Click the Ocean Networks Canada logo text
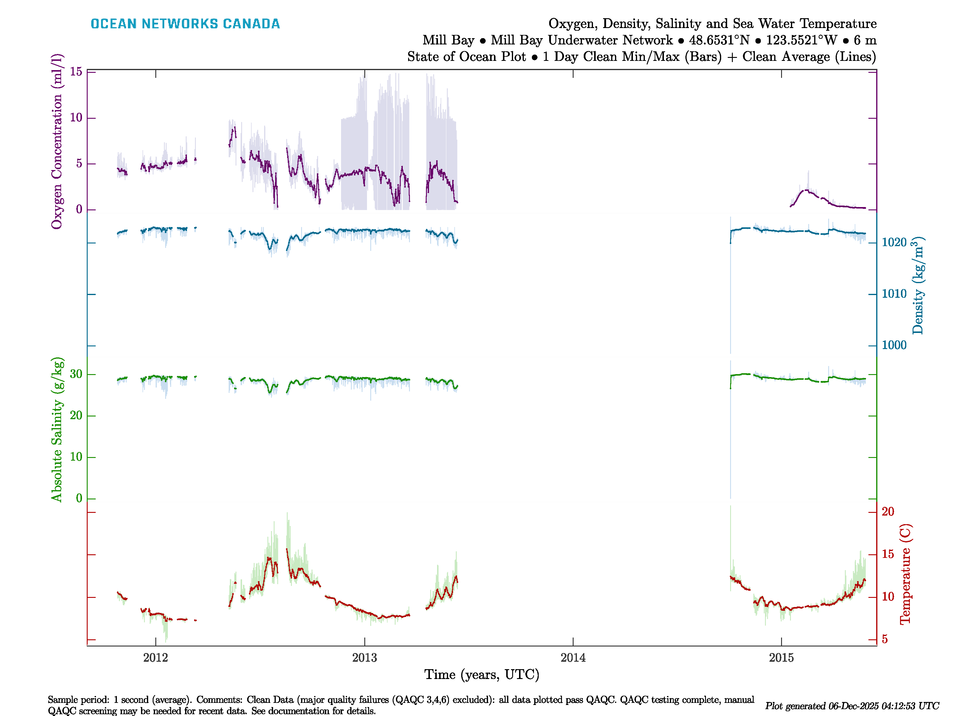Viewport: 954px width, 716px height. click(185, 24)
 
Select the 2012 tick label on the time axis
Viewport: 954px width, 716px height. click(156, 658)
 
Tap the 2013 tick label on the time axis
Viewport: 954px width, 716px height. click(364, 658)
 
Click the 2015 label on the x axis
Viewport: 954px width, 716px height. click(781, 658)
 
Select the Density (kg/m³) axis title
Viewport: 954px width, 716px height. click(918, 286)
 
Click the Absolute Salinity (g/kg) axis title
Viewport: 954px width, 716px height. click(57, 429)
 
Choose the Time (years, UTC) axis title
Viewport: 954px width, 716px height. click(482, 675)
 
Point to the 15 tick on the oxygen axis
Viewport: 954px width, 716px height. click(76, 72)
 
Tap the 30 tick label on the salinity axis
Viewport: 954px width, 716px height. click(76, 374)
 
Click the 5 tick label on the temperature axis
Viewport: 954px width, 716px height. click(885, 639)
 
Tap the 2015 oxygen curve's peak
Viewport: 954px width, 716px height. click(806, 190)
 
